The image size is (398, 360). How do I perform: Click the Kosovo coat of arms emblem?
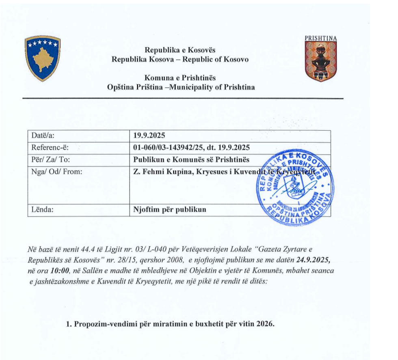pos(42,58)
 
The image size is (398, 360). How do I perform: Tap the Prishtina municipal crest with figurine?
pos(321,61)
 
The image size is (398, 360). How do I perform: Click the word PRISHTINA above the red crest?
pos(321,38)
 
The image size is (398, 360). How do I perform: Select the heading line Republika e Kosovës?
pos(180,50)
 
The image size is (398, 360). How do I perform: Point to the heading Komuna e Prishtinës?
pos(180,78)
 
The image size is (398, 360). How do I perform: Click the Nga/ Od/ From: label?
pos(56,171)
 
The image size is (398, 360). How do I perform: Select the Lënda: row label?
pos(43,210)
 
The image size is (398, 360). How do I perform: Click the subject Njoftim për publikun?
pos(170,210)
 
